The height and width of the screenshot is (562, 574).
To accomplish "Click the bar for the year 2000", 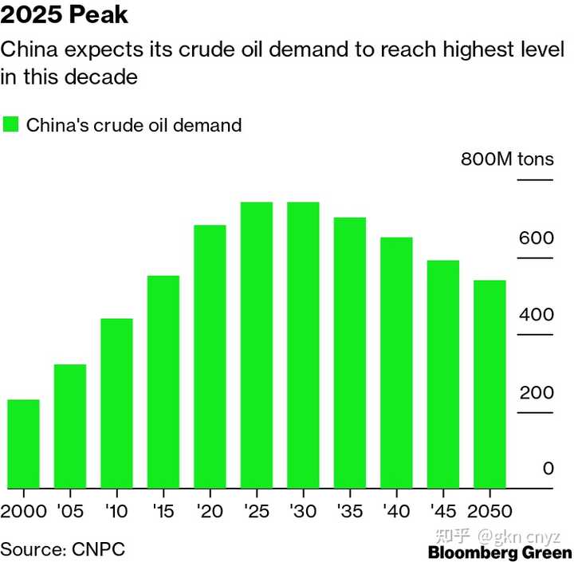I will (x=23, y=443).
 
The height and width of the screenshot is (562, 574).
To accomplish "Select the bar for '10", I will (x=116, y=403).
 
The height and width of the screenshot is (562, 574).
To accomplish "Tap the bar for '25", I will (x=257, y=345).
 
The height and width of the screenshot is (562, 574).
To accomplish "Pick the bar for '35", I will (x=350, y=352).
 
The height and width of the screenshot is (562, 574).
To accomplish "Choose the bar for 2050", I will (x=490, y=384).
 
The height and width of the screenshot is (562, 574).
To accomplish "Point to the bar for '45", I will (x=443, y=374).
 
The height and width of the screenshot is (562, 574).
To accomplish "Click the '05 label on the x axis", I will (x=69, y=510).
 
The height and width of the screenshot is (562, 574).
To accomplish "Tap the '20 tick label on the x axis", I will (x=210, y=510).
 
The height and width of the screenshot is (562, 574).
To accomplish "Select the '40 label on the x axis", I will (x=396, y=510).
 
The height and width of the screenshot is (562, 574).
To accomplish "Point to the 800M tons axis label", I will (x=507, y=159).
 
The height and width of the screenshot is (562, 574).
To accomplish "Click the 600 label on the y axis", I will (x=536, y=238).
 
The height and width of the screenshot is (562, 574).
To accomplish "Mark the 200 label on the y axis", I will (x=536, y=392).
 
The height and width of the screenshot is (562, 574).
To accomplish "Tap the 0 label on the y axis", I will (x=548, y=469).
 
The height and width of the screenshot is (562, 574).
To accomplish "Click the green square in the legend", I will (x=10, y=125).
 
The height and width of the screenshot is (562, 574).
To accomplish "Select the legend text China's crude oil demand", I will (x=134, y=125).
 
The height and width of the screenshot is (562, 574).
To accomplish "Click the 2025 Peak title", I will (x=65, y=15).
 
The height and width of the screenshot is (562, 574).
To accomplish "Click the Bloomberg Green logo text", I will (x=500, y=552).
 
